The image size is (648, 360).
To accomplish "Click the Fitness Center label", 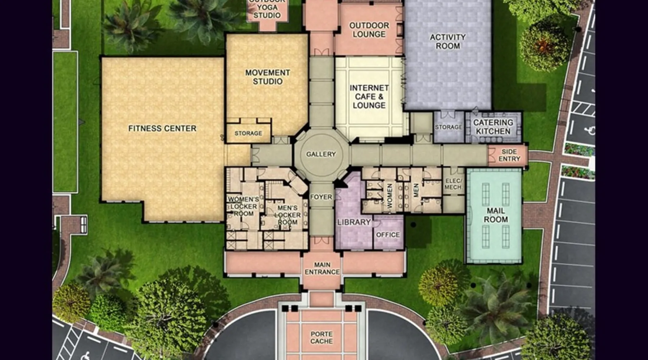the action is tap(162, 129).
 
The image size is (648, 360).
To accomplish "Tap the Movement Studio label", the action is tap(267, 77).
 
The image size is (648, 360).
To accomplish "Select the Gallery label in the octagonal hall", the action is tap(321, 154).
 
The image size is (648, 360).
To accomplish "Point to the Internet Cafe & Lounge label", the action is tap(369, 96).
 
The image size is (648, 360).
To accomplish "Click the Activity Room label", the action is tap(448, 41).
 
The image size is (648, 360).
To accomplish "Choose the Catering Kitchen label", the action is tap(493, 127).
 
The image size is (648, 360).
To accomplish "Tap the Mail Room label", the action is tap(496, 215).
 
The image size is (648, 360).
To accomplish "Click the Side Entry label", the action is tap(509, 155).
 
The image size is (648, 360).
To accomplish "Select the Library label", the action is tap(354, 222).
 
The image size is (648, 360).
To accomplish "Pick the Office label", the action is tap(388, 235).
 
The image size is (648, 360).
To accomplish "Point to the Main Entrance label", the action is tap(322, 268).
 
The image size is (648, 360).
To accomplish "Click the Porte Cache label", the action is tap(321, 337).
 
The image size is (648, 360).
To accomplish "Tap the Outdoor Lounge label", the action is tap(369, 30).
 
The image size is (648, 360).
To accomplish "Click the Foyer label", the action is tap(321, 197).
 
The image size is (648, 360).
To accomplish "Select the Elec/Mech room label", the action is tap(453, 184).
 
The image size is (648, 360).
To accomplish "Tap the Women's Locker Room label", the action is tap(243, 206).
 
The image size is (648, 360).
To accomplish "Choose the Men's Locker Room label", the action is tap(287, 215).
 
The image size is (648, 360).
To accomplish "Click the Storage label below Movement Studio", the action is tap(248, 133).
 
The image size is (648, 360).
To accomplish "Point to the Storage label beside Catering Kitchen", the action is tap(449, 127).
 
